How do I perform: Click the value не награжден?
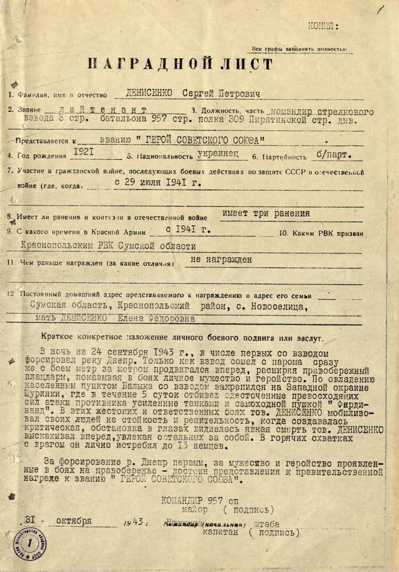(x=222, y=259)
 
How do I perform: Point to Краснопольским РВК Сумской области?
(x=108, y=245)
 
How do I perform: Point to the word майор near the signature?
(x=194, y=509)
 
